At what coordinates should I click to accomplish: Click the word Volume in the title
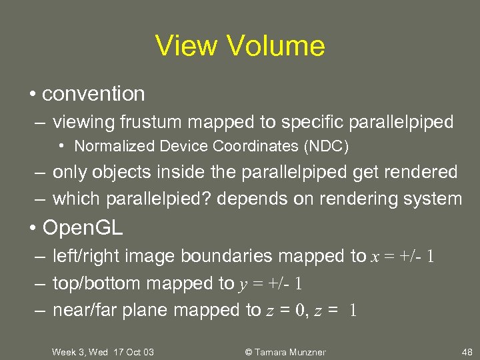(277, 46)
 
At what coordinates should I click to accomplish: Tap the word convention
(93, 94)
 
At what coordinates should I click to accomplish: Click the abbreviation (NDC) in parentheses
(325, 145)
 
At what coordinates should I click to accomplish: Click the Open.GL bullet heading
(83, 228)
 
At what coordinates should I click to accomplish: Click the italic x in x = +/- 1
(374, 257)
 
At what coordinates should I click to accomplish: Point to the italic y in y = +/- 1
(243, 284)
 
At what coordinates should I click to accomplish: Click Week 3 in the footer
(67, 352)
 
